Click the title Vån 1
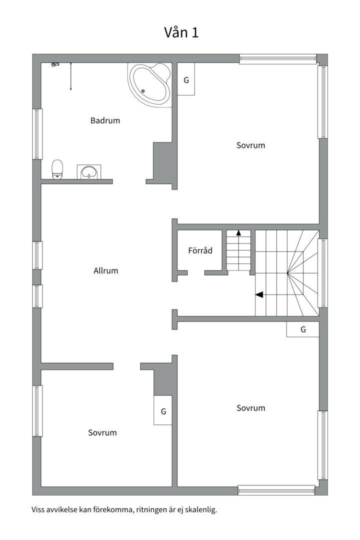[x=181, y=32]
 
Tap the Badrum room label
[x=105, y=120]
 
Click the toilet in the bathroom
[x=57, y=169]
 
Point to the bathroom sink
[x=89, y=172]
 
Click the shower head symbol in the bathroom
[x=55, y=64]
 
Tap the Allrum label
[x=105, y=270]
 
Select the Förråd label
[x=200, y=250]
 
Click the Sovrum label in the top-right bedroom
[x=250, y=145]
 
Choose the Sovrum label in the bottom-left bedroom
[x=102, y=432]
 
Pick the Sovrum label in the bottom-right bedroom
[x=250, y=408]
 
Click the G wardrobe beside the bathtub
[x=186, y=79]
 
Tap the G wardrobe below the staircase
[x=302, y=329]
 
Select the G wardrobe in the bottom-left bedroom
[x=163, y=411]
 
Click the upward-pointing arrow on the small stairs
[x=238, y=232]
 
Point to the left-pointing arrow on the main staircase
[x=259, y=294]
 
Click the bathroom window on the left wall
[x=37, y=134]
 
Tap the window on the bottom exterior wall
[x=276, y=490]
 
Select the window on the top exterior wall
[x=277, y=59]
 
